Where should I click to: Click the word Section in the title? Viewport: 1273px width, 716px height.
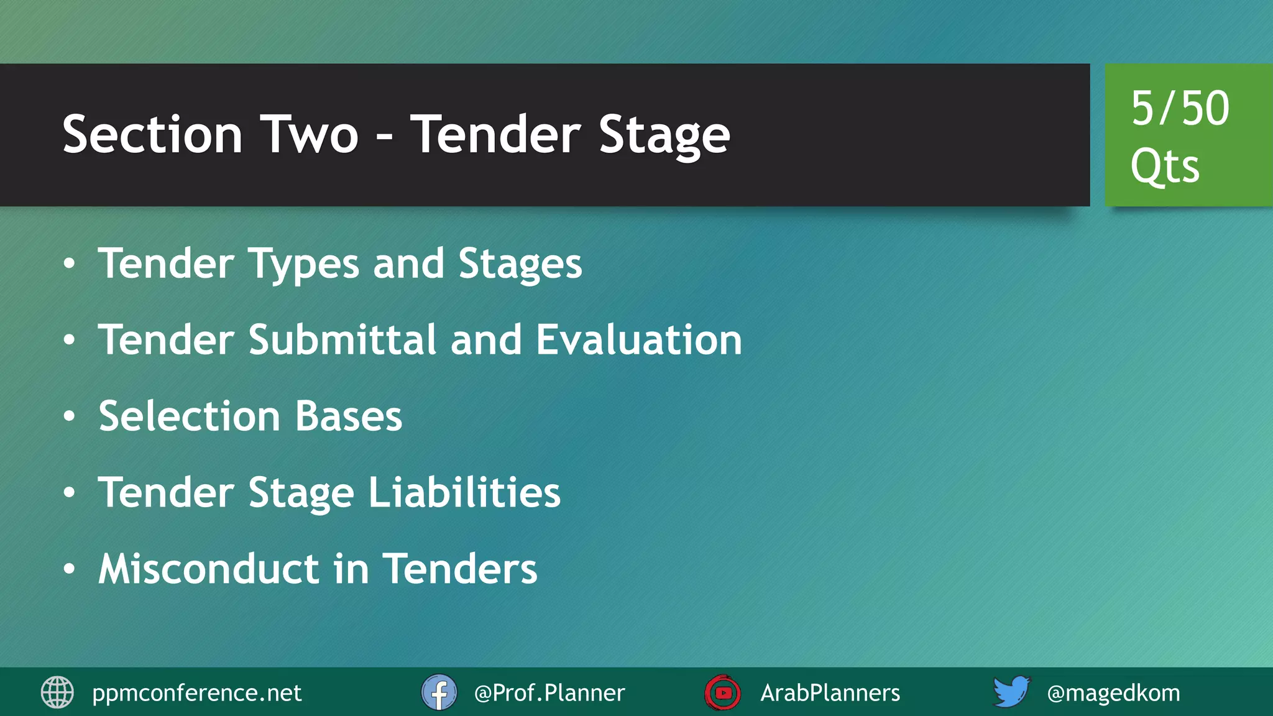pyautogui.click(x=152, y=135)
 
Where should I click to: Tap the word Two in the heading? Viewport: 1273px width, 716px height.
pyautogui.click(x=309, y=135)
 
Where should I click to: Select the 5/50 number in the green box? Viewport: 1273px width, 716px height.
pyautogui.click(x=1180, y=109)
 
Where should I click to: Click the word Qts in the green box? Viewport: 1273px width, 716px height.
pyautogui.click(x=1165, y=167)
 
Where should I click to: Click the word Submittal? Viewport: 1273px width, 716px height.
pyautogui.click(x=342, y=340)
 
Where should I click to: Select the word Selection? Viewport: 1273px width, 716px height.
pyautogui.click(x=189, y=416)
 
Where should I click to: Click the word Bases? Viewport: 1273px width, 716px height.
pyautogui.click(x=349, y=416)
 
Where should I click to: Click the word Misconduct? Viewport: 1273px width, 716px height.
pyautogui.click(x=209, y=569)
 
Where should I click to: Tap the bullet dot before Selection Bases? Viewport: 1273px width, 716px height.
pyautogui.click(x=69, y=416)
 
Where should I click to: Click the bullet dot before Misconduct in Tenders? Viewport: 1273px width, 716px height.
pyautogui.click(x=69, y=569)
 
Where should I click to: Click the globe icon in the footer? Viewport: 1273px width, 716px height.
pyautogui.click(x=57, y=692)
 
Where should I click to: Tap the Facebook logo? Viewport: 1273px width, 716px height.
pyautogui.click(x=439, y=692)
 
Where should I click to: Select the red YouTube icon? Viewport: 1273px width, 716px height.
pyautogui.click(x=722, y=692)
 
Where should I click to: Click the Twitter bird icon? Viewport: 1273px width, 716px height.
pyautogui.click(x=1011, y=692)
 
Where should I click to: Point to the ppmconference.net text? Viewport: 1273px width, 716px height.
pyautogui.click(x=196, y=693)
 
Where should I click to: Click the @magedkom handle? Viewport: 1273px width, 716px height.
pyautogui.click(x=1113, y=693)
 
